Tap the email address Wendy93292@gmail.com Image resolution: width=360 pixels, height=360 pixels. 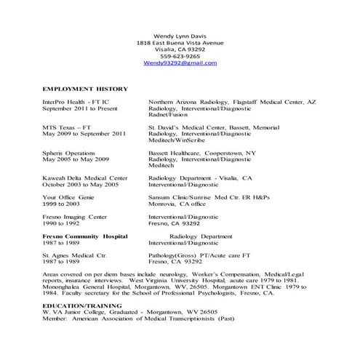[x=180, y=63]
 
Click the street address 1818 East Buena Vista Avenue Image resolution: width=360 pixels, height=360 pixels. [x=180, y=43]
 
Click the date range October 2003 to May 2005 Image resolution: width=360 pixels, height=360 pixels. [x=80, y=185]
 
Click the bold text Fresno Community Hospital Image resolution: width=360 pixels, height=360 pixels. [x=85, y=236]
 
